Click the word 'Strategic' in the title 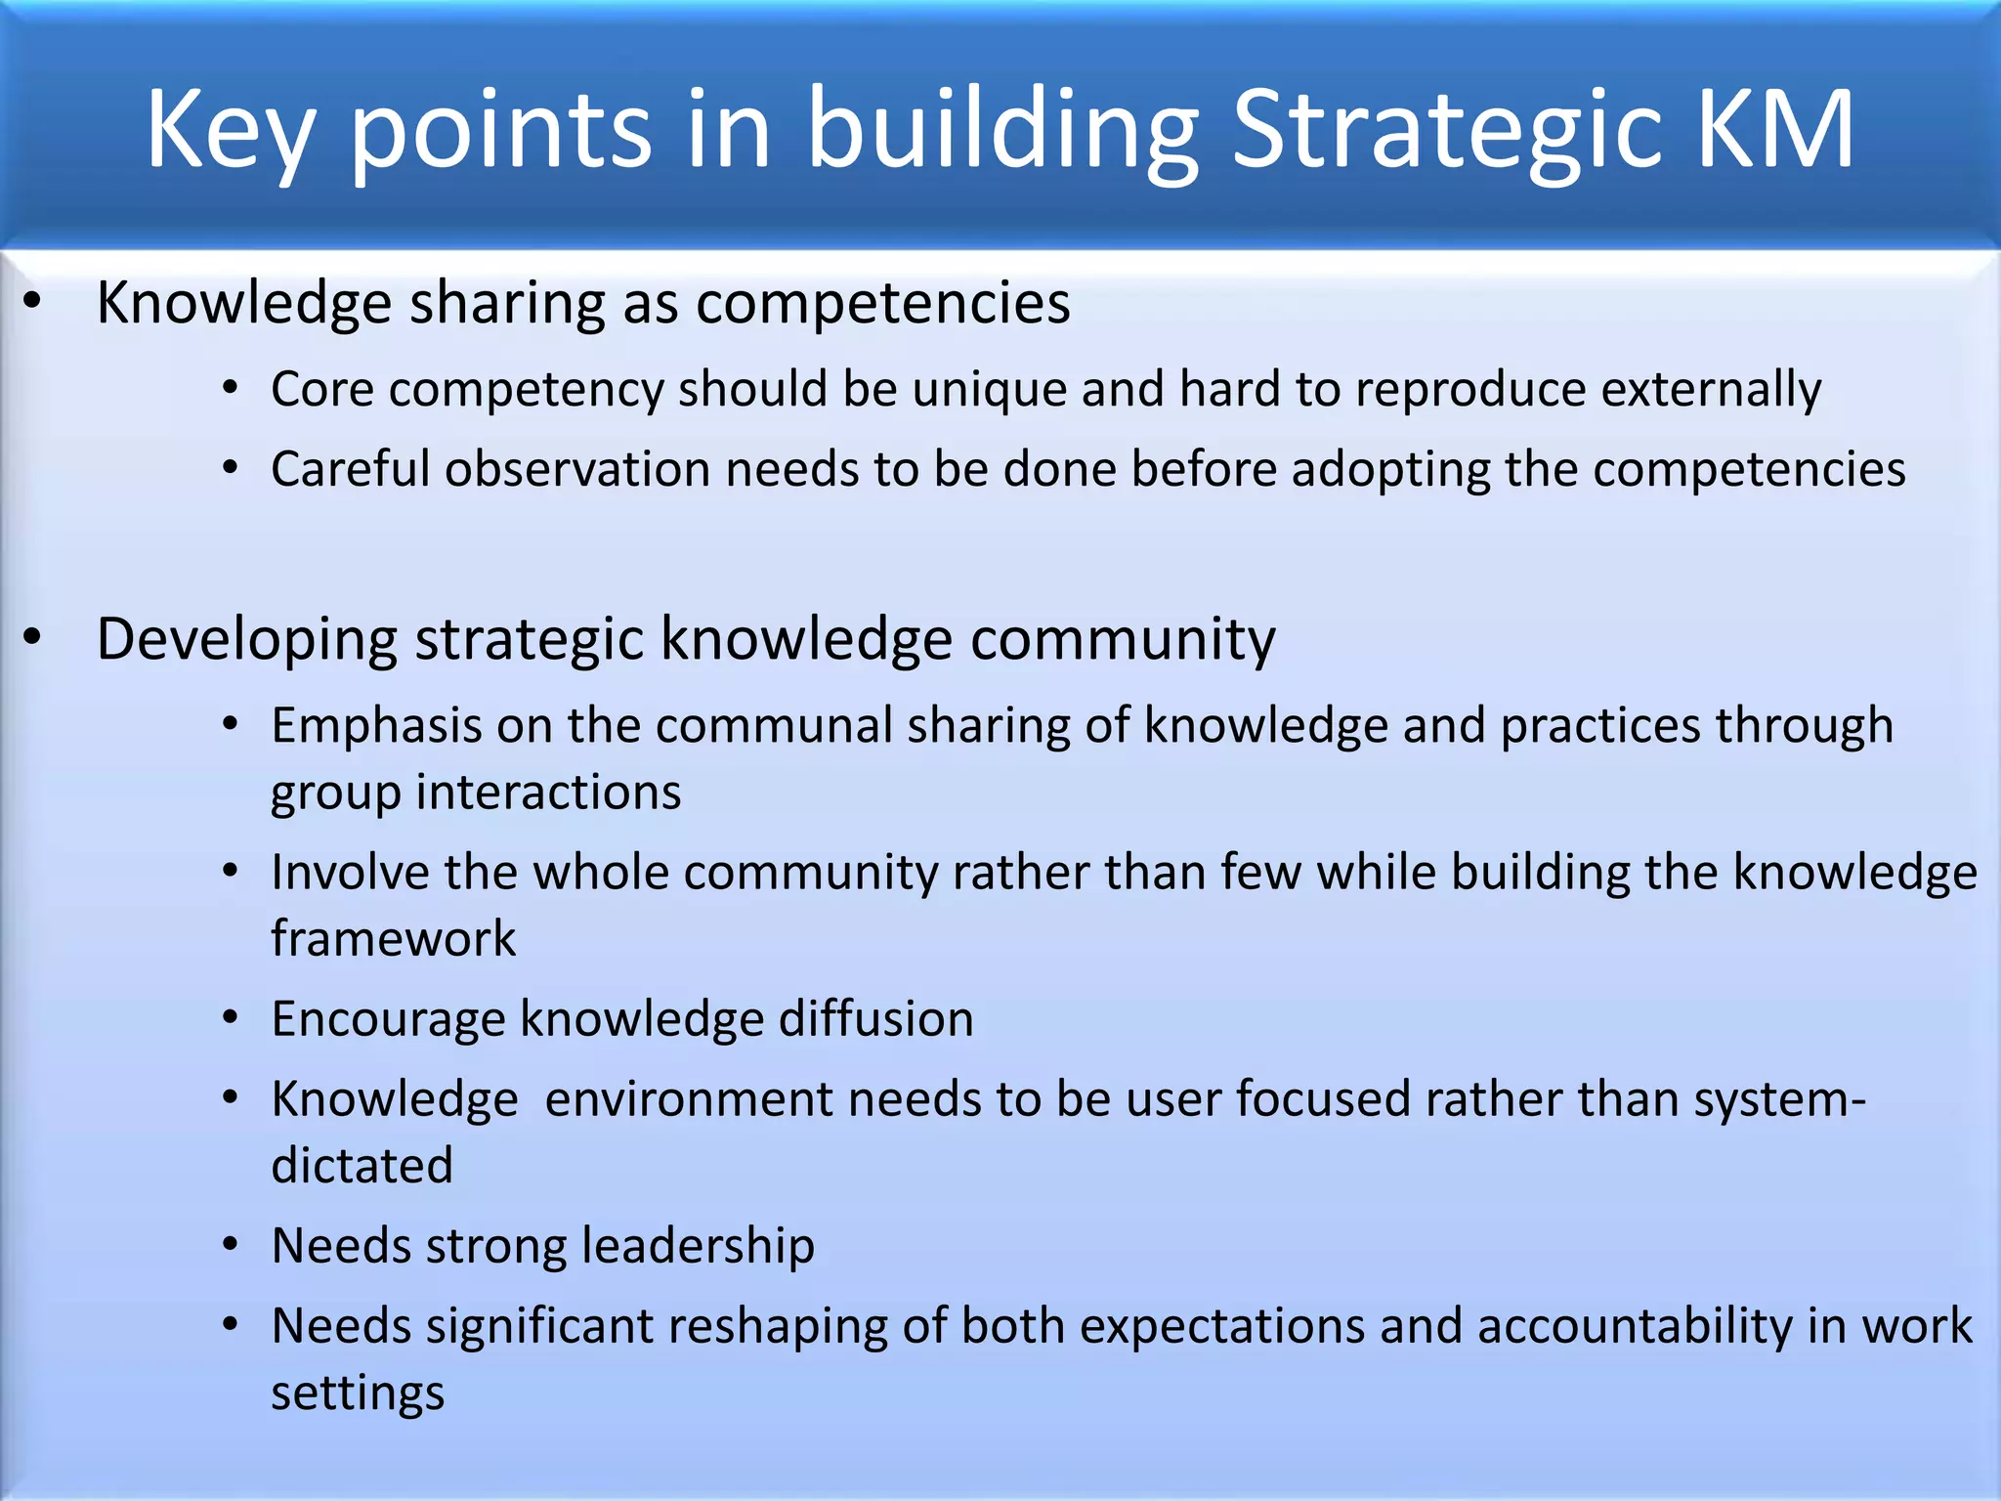point(1446,132)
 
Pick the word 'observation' point(577,469)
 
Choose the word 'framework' point(393,938)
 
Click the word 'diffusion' point(875,1019)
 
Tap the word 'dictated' point(362,1166)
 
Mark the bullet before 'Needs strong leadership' point(231,1246)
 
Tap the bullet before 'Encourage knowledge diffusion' point(231,1019)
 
